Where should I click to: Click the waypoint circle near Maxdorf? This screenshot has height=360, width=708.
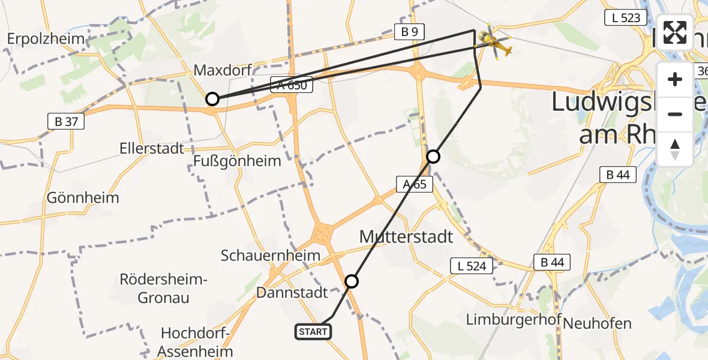pyautogui.click(x=212, y=99)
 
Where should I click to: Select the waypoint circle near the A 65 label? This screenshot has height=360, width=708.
pyautogui.click(x=433, y=157)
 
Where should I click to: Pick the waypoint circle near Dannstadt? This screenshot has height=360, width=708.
pyautogui.click(x=352, y=281)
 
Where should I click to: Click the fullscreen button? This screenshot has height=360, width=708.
pyautogui.click(x=675, y=32)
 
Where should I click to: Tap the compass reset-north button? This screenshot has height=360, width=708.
pyautogui.click(x=675, y=149)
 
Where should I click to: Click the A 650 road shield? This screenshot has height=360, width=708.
pyautogui.click(x=292, y=85)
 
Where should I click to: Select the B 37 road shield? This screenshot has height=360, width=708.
pyautogui.click(x=65, y=122)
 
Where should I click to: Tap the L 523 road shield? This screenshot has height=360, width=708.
pyautogui.click(x=626, y=17)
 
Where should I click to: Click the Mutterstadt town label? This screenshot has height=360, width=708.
pyautogui.click(x=406, y=236)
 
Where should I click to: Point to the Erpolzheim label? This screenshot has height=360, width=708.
pyautogui.click(x=46, y=39)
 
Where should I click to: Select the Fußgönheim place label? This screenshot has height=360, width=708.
pyautogui.click(x=237, y=161)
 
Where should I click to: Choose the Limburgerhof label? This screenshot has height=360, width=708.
pyautogui.click(x=513, y=320)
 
